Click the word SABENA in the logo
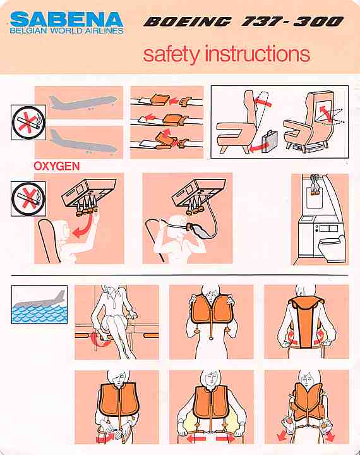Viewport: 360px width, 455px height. (66, 20)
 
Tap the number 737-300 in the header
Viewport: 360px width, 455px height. (292, 21)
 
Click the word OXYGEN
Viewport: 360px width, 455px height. (57, 166)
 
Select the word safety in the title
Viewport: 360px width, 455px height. (171, 54)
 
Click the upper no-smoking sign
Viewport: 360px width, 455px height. (28, 122)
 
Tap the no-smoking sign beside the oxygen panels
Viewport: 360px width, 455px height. (28, 199)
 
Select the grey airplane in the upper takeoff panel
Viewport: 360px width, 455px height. (83, 103)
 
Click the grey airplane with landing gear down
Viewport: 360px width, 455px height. (83, 142)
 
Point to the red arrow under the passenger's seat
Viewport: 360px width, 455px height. (100, 340)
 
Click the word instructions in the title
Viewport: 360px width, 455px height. (257, 54)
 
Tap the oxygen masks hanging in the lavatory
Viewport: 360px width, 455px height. (315, 186)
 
